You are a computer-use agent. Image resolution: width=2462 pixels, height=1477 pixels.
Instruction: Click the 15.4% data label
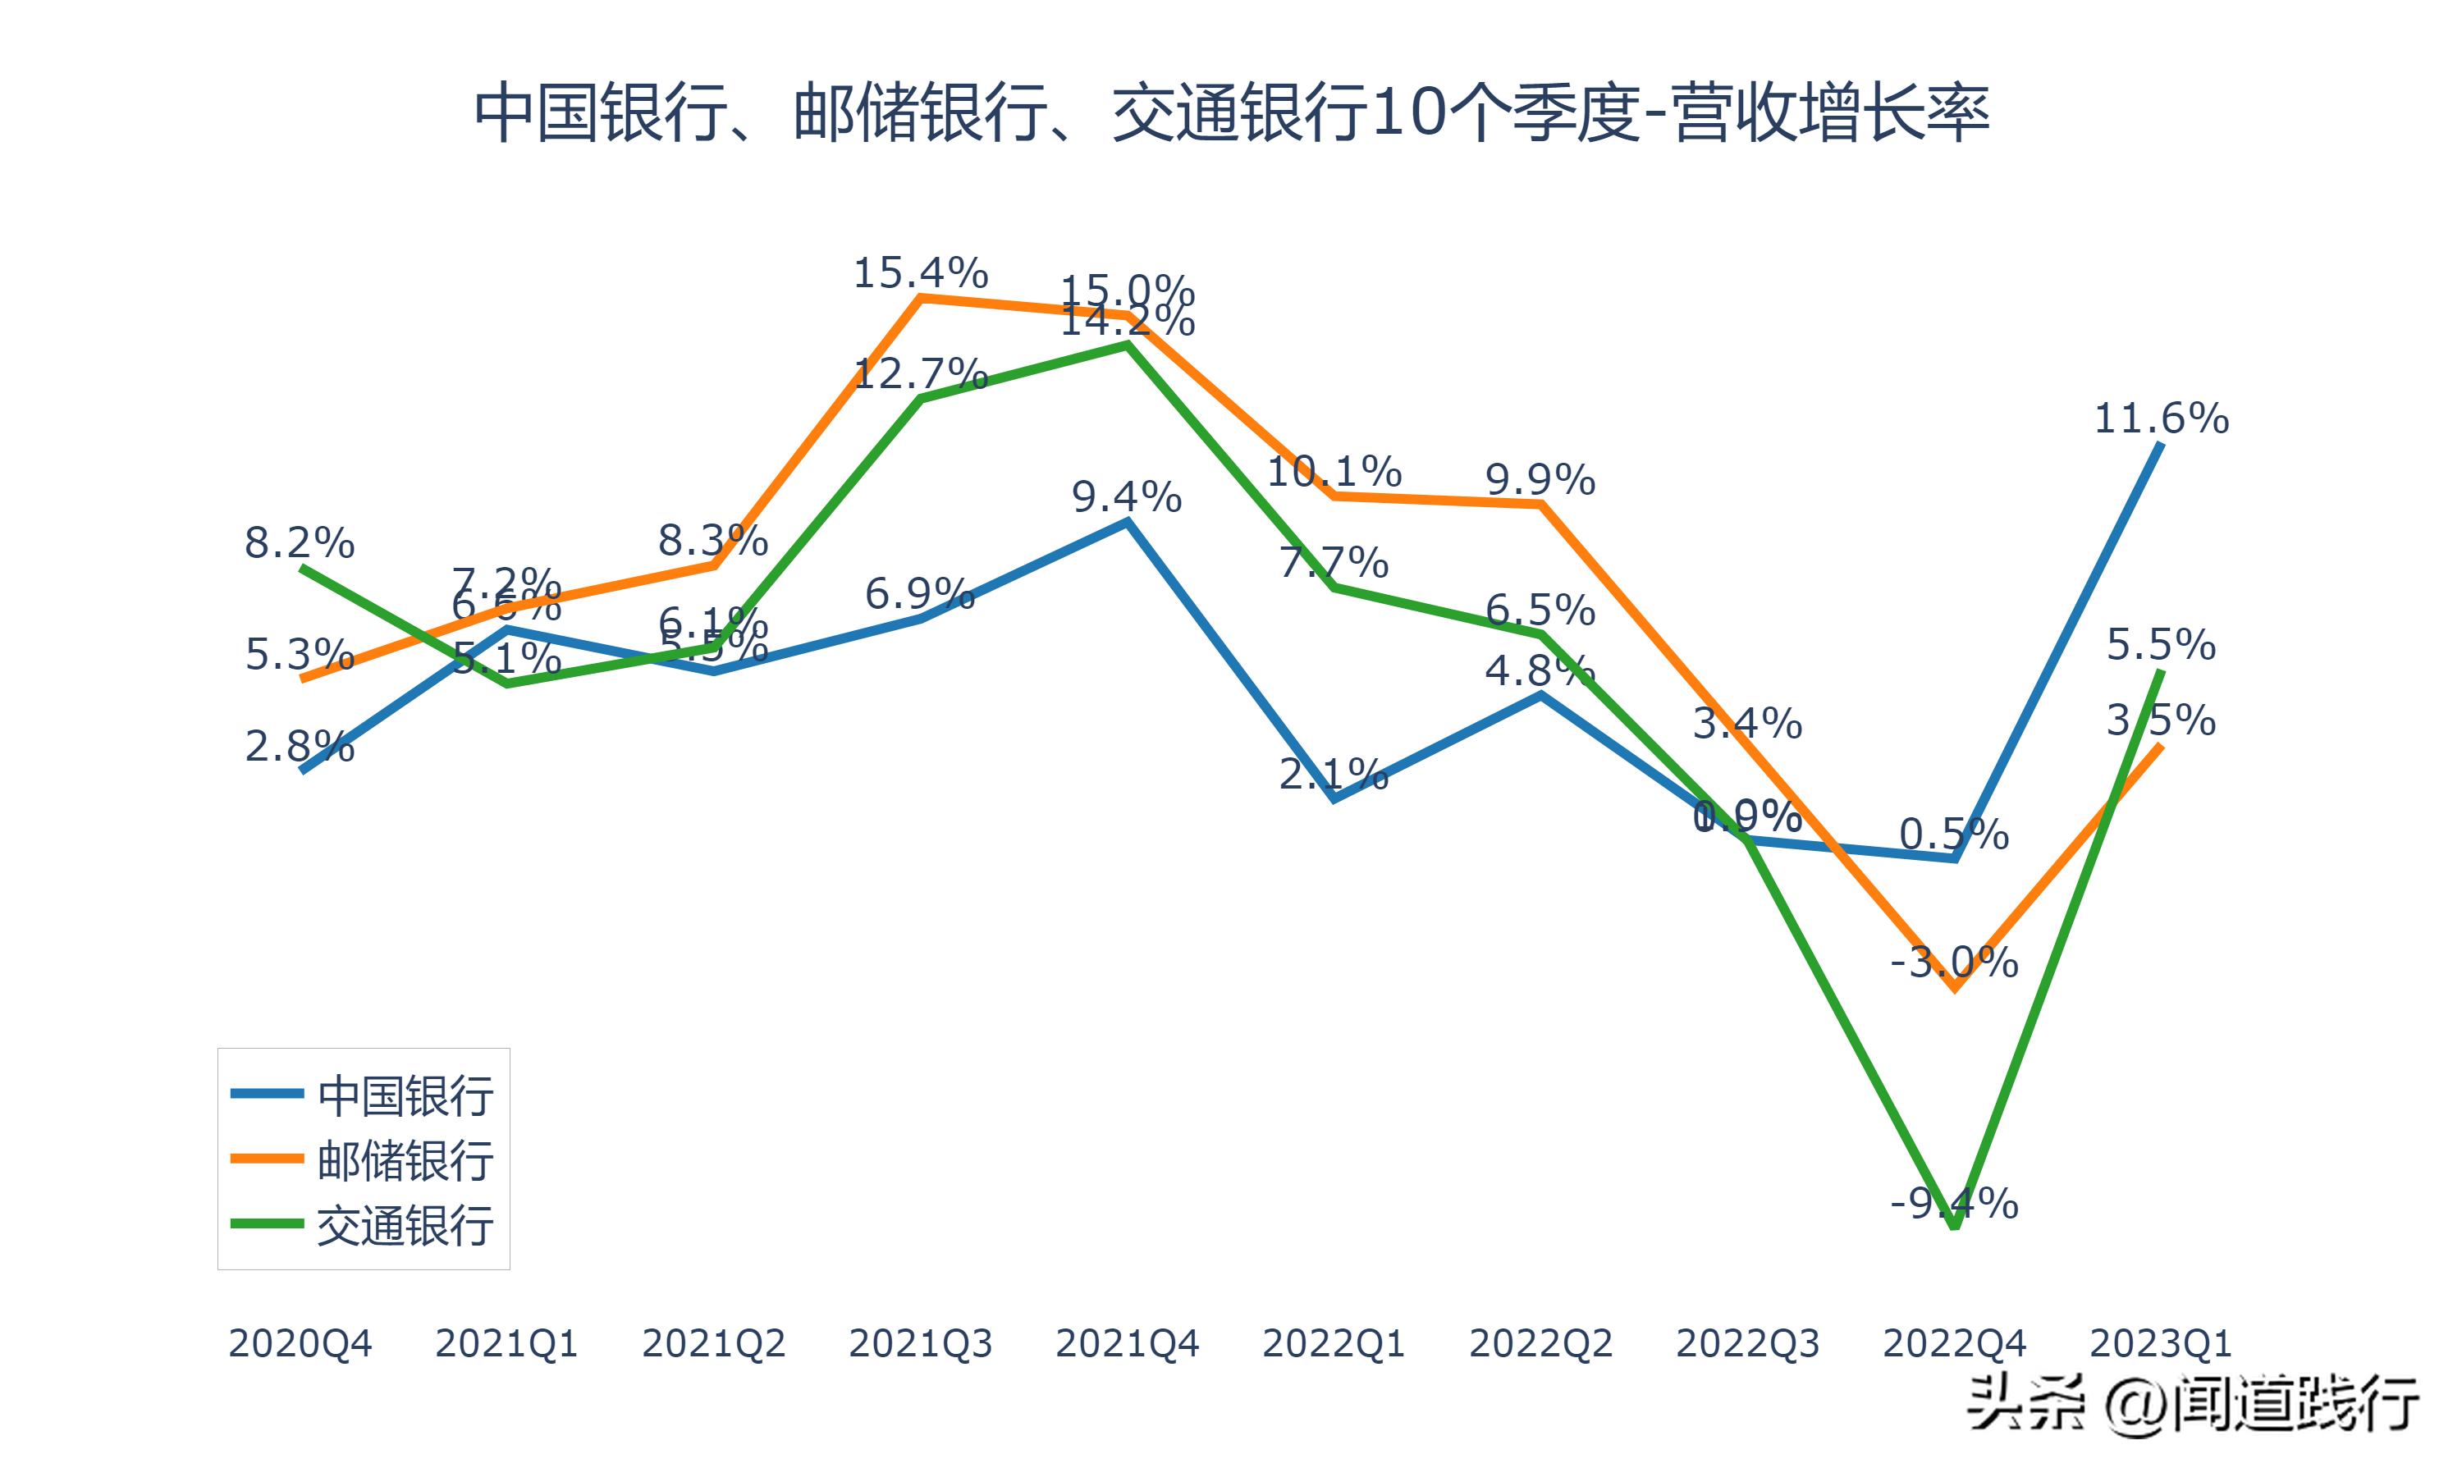click(921, 272)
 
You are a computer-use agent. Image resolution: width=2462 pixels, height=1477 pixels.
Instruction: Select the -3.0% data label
click(1955, 963)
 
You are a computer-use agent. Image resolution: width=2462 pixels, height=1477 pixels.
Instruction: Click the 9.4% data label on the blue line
click(1127, 496)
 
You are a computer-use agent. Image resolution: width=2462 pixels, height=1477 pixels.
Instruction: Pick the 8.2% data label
click(300, 543)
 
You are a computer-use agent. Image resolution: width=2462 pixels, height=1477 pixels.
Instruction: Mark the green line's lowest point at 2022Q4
click(1956, 1226)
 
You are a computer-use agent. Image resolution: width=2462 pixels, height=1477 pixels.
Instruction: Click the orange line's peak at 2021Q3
click(921, 296)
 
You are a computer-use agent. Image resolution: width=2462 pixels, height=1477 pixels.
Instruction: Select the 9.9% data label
click(1540, 481)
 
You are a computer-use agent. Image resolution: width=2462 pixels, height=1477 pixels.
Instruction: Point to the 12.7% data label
click(921, 374)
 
